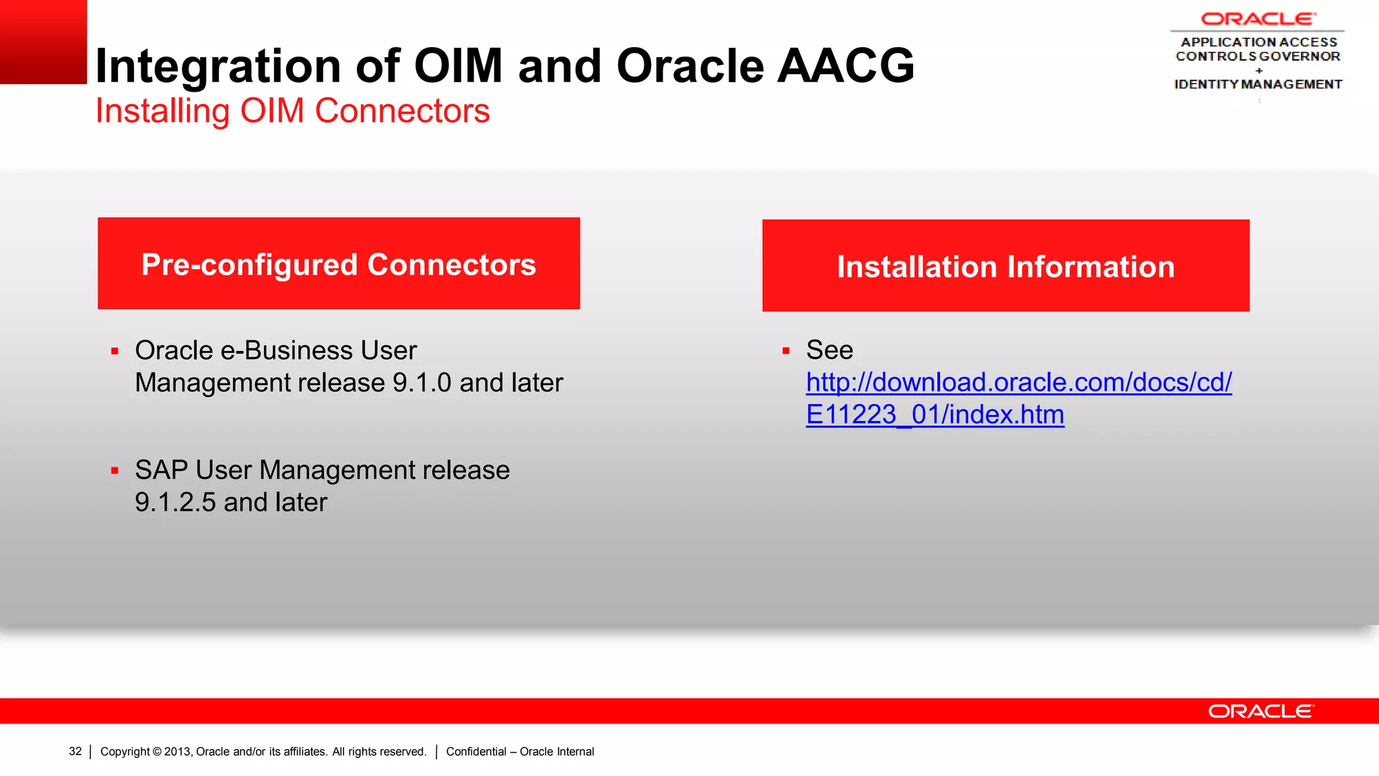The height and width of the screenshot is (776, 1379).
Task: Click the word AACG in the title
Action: tap(846, 66)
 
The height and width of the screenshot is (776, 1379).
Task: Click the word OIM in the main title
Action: tap(458, 66)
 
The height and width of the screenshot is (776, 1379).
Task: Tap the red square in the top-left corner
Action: tap(43, 42)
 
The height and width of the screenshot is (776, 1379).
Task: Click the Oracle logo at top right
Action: tap(1257, 19)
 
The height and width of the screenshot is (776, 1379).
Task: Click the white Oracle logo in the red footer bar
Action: tap(1260, 711)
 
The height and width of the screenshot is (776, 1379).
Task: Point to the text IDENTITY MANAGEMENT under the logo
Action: tap(1258, 84)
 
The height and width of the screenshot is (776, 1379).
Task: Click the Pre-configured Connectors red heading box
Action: tap(339, 263)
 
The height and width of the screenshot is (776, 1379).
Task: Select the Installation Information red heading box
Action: tap(1005, 265)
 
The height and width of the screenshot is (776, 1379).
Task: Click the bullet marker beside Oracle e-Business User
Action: tap(115, 351)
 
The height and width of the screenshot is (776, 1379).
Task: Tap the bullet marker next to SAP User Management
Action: tap(115, 471)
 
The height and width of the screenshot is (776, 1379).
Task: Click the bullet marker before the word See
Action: tap(786, 351)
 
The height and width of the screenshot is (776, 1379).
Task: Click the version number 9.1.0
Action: tap(422, 383)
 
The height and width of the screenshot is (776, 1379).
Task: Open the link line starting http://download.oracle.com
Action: tap(1018, 383)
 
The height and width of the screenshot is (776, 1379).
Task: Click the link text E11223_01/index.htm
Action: tap(935, 415)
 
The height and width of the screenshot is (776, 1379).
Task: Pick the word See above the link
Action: tap(830, 350)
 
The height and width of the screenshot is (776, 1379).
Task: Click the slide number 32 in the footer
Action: tap(75, 751)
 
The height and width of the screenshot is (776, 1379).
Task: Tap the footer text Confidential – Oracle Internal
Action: tap(520, 751)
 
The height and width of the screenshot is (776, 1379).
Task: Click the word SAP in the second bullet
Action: tap(161, 470)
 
